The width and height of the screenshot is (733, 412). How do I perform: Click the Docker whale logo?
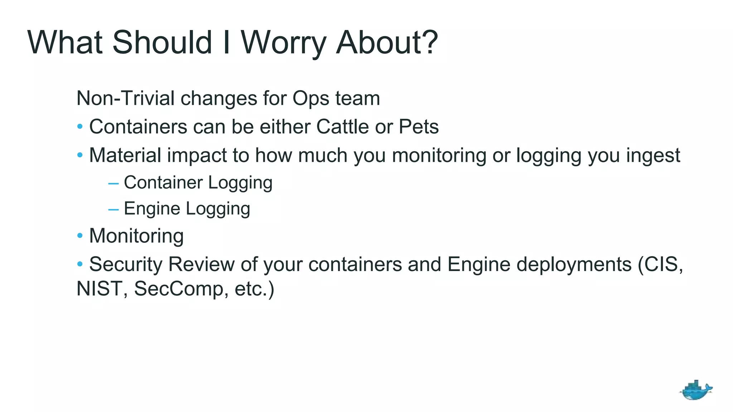coord(695,390)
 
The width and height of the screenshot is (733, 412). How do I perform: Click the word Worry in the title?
coord(283,43)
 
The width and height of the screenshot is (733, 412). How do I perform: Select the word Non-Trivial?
coord(125,98)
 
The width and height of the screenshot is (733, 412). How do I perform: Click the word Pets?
coord(418,127)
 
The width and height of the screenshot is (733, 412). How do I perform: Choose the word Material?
coord(125,155)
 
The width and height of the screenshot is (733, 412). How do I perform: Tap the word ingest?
coord(653,156)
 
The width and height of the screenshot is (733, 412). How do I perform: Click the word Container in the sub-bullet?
coord(163,182)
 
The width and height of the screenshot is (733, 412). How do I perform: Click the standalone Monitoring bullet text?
coord(136,236)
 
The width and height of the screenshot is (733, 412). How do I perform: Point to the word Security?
coord(126,264)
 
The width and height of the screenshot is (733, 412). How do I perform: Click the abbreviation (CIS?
coord(660,264)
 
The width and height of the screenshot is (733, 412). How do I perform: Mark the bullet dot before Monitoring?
coord(80,236)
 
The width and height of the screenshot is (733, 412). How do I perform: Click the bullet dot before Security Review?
coord(80,264)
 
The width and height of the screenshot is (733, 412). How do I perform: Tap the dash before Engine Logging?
coord(113,209)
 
